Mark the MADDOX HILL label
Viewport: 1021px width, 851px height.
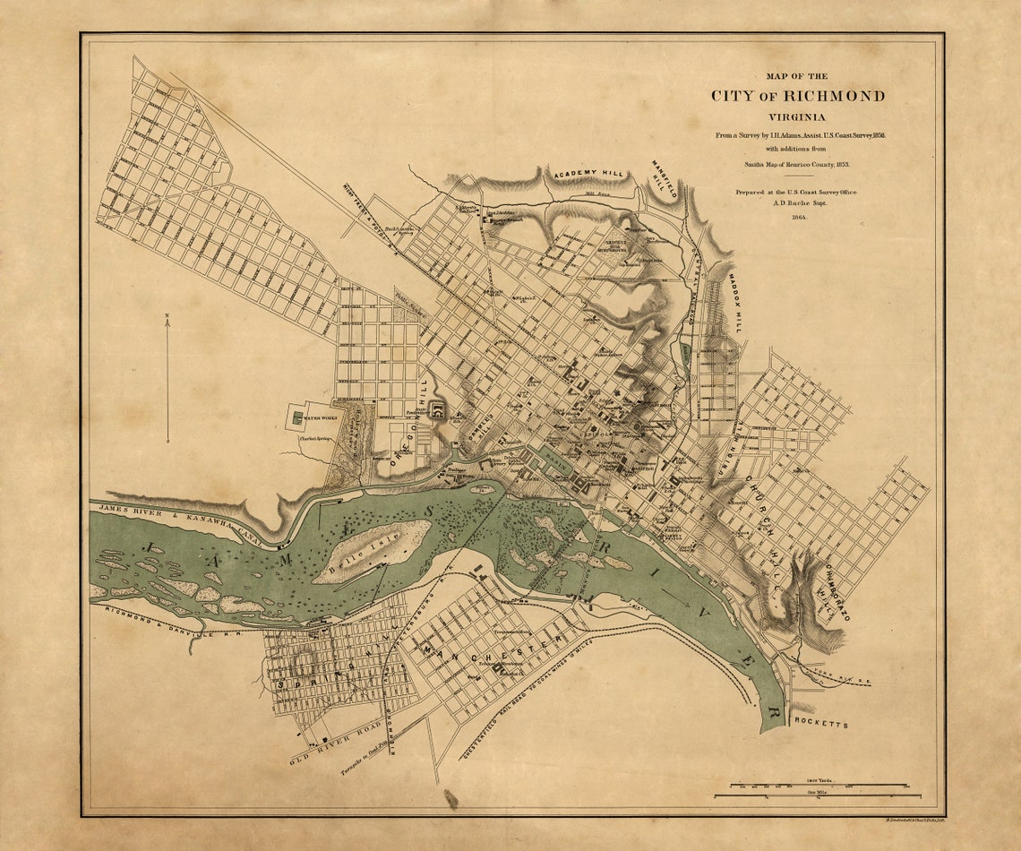click(734, 303)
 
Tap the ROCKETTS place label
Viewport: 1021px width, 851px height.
click(819, 723)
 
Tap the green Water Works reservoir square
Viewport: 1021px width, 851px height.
click(296, 417)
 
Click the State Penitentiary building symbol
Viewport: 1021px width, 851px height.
click(437, 410)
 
